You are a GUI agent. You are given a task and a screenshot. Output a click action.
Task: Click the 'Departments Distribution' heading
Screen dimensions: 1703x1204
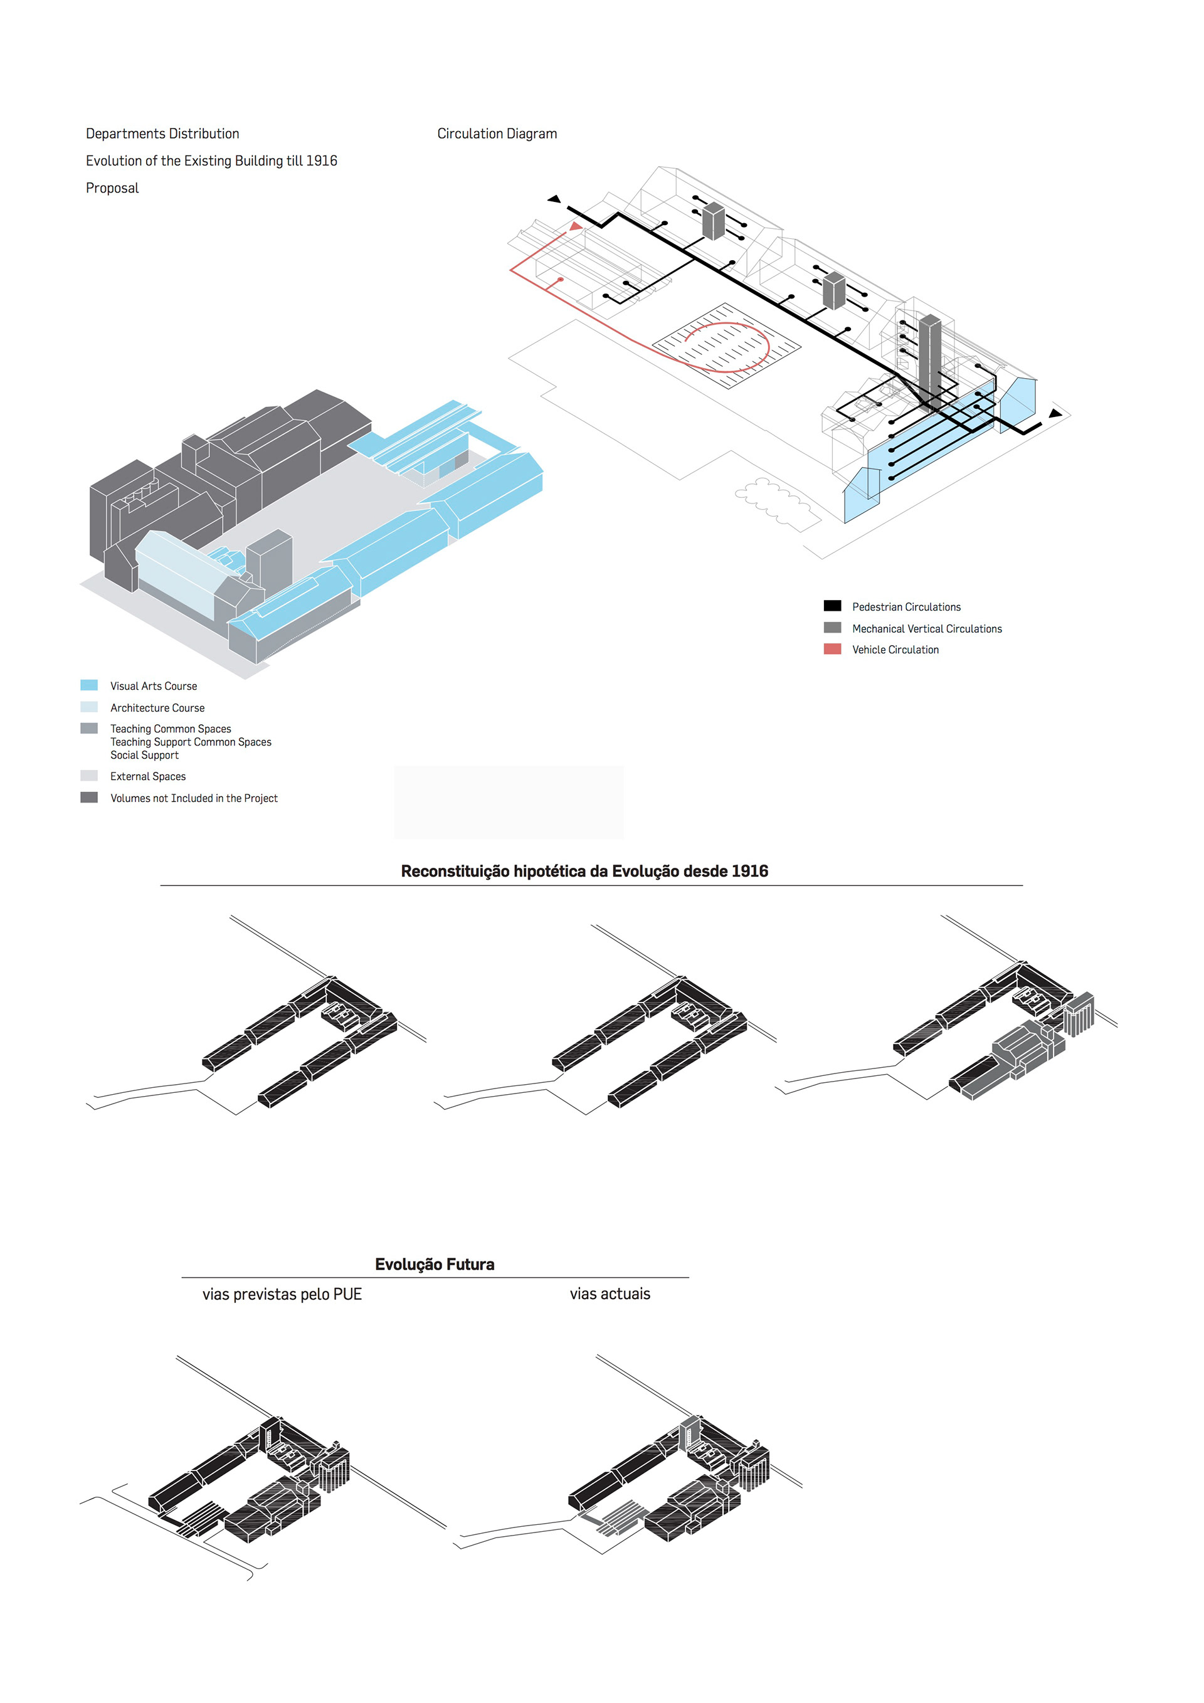tap(162, 134)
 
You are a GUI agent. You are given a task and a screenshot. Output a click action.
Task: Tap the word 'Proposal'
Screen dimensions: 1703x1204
tap(112, 187)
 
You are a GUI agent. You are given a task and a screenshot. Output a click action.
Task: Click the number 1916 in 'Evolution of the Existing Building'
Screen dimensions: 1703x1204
tap(321, 161)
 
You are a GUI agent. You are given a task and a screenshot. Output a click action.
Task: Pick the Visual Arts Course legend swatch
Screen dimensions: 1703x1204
tap(89, 685)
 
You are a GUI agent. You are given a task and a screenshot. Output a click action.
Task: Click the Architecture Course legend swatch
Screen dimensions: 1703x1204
tap(89, 707)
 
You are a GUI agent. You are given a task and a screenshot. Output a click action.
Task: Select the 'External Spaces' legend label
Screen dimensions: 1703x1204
tap(147, 777)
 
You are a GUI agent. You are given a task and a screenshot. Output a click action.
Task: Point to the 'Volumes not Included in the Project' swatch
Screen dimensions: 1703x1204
tap(89, 798)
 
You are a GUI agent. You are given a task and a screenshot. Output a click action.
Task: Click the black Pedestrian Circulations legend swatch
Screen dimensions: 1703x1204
tap(832, 606)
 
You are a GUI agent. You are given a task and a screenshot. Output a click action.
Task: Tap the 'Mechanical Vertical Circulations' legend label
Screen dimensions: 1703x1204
tap(927, 629)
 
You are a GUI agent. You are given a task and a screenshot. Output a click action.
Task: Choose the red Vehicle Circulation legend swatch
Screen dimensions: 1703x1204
tap(832, 649)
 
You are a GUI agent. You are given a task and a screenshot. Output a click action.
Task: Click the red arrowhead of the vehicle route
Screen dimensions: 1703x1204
tap(575, 226)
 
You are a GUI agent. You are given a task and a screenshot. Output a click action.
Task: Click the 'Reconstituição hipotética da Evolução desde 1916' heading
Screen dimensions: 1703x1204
tap(584, 871)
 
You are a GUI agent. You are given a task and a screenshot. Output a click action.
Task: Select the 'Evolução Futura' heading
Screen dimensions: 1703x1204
tap(435, 1264)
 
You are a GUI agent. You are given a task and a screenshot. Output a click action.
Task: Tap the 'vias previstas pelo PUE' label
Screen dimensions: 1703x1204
tap(282, 1294)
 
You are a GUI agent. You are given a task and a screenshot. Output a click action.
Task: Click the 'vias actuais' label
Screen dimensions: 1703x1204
tap(610, 1294)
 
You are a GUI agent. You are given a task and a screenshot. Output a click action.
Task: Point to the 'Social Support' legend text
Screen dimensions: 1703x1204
tap(145, 755)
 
